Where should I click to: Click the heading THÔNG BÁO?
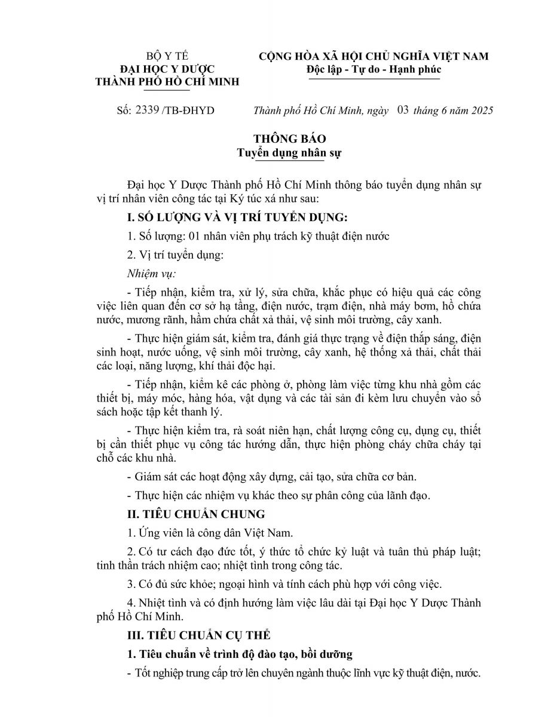pyautogui.click(x=289, y=139)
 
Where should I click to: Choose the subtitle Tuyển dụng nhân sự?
pyautogui.click(x=289, y=153)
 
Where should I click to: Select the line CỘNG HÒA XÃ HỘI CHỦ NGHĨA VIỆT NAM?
pyautogui.click(x=374, y=57)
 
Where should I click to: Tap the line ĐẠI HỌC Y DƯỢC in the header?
pyautogui.click(x=167, y=69)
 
